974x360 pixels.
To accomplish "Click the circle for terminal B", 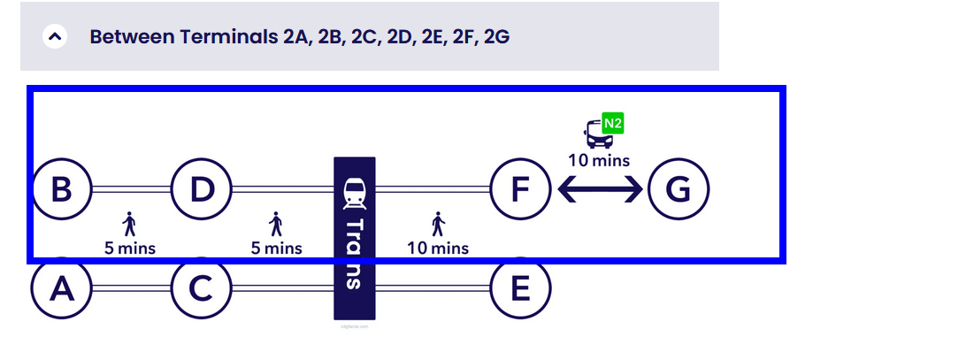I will (x=62, y=189).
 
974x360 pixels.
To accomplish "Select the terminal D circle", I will (x=202, y=189).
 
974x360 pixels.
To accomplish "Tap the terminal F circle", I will (x=521, y=189).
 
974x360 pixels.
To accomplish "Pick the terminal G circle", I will (x=679, y=189).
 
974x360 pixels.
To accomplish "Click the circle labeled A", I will (x=62, y=288).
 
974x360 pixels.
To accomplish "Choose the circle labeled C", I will (x=202, y=288).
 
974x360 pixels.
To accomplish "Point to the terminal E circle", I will (x=521, y=288).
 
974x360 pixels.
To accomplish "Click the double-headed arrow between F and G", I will (x=599, y=189).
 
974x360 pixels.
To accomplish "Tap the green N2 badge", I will (x=613, y=123).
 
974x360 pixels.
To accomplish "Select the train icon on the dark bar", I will (x=355, y=190).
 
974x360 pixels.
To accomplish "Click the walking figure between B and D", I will (x=130, y=224).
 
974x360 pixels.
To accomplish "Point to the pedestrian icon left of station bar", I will (x=276, y=224).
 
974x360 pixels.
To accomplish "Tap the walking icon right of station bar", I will (x=437, y=224).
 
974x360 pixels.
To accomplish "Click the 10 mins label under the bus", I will (x=599, y=160).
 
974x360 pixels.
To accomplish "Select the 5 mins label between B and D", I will (x=130, y=248).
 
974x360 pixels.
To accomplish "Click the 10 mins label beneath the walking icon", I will (x=438, y=248).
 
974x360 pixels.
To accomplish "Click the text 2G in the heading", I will (x=496, y=37).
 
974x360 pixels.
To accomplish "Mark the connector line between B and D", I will (x=131, y=189).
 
